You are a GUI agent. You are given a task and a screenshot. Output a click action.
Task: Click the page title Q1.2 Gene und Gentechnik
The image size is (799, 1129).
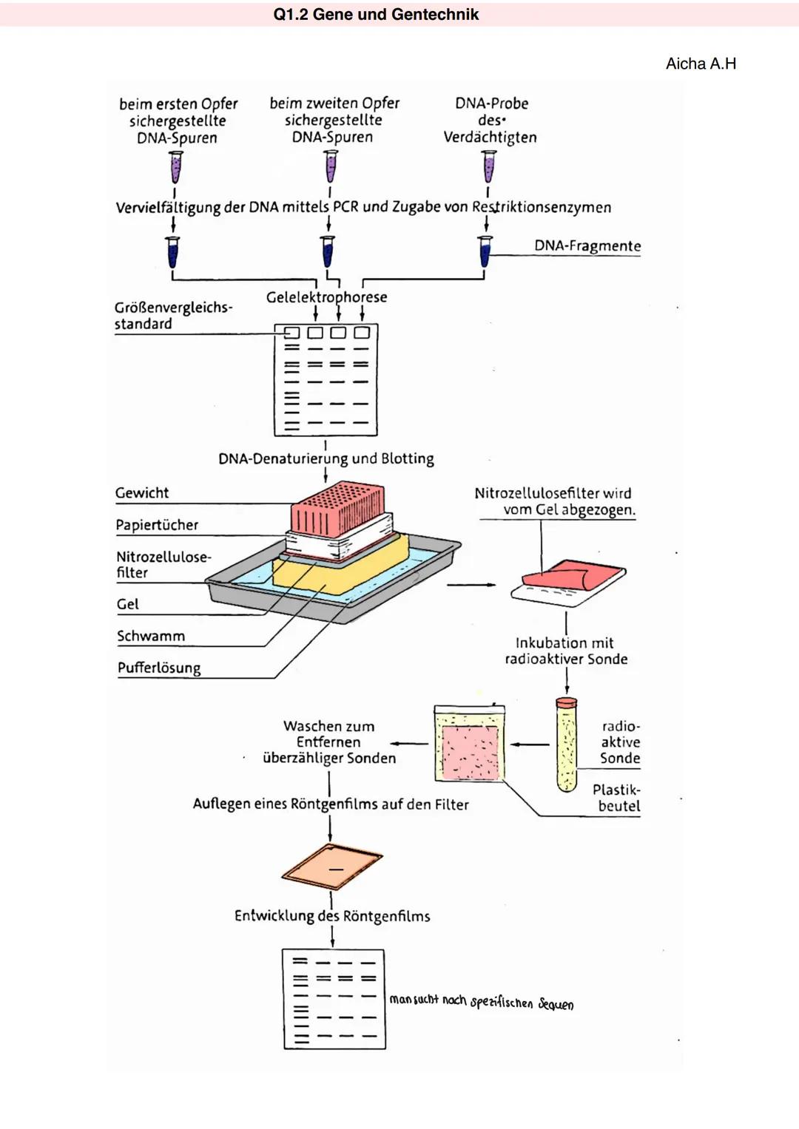point(376,15)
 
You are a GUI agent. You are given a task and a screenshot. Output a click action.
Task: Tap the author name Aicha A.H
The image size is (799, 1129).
point(701,64)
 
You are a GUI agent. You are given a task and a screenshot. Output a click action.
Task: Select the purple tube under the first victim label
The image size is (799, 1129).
point(176,167)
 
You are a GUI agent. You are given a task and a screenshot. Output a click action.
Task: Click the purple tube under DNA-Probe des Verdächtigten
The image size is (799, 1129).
point(489,166)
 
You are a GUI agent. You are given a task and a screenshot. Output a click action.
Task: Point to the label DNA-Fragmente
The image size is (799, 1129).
point(587,246)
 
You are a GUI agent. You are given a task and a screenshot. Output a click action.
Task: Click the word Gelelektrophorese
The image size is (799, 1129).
point(326,297)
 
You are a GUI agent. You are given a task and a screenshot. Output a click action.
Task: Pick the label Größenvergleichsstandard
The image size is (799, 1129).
point(172,316)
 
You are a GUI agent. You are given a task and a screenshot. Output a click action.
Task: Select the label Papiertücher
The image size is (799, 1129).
point(157,525)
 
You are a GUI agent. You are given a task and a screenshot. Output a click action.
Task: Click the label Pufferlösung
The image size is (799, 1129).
point(159,668)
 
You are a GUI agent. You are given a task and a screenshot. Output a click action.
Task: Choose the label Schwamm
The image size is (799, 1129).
point(151,636)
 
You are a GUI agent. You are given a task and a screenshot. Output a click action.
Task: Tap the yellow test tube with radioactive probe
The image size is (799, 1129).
point(567,745)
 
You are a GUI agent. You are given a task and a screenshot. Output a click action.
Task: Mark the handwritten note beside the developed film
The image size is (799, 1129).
point(482,1002)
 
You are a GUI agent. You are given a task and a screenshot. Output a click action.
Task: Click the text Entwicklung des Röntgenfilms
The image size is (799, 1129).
point(332,916)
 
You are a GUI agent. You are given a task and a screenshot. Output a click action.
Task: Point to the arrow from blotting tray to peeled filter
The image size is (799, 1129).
point(471,585)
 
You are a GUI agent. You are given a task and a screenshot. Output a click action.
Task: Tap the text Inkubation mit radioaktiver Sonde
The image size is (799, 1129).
point(566,651)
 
